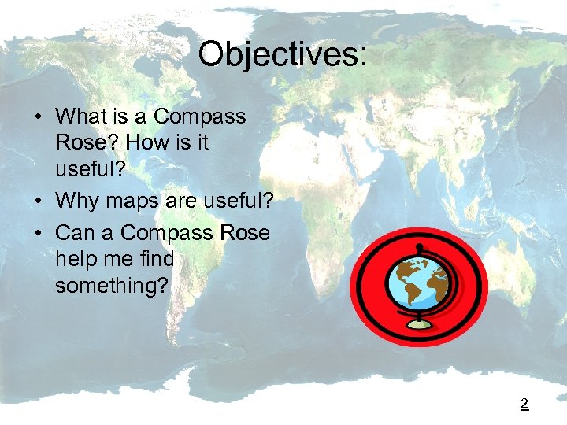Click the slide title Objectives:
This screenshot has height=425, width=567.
point(283,54)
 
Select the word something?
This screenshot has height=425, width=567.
point(112,285)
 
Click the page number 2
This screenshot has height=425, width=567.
point(524,405)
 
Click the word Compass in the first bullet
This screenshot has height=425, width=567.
point(199,117)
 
